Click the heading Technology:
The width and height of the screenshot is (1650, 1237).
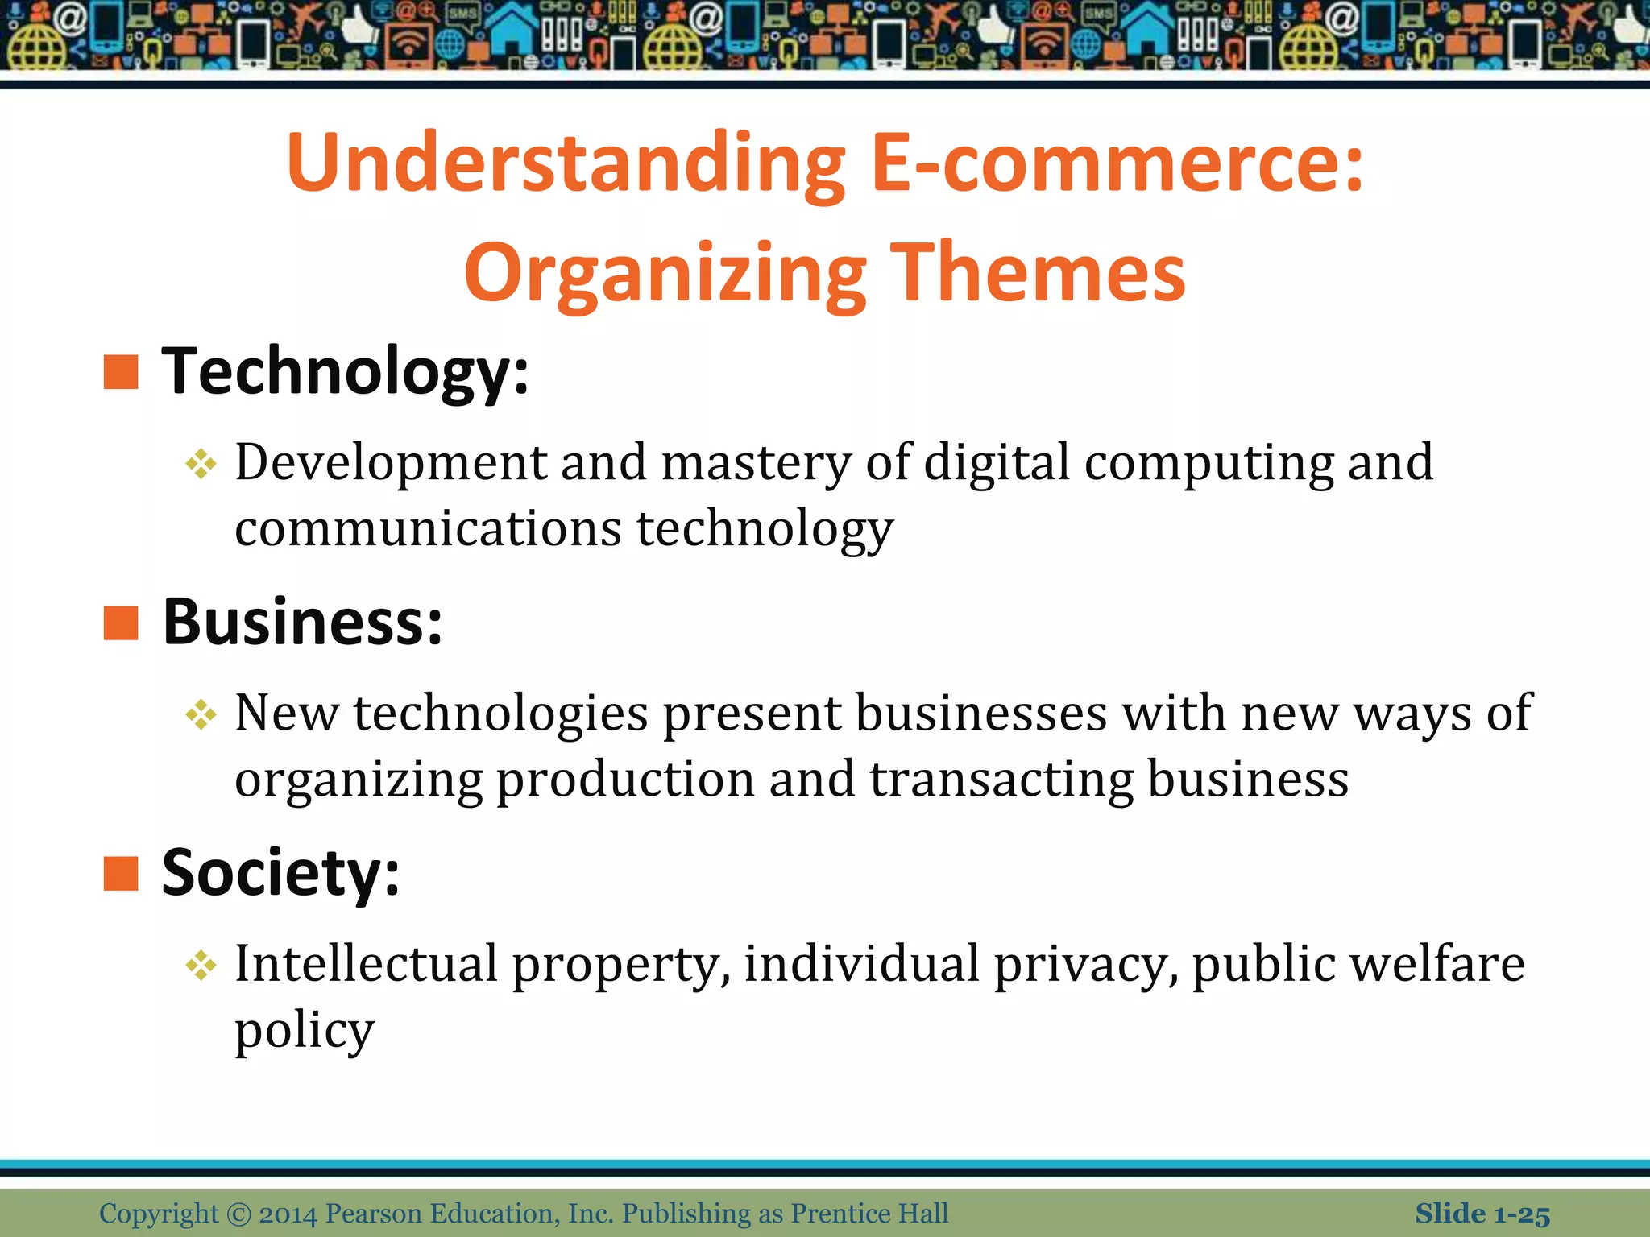[x=346, y=372]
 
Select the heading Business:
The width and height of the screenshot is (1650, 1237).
[x=303, y=623]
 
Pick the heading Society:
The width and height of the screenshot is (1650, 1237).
[x=280, y=873]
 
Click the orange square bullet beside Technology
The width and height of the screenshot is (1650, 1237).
[x=122, y=372]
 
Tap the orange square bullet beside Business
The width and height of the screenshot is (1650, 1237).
[x=122, y=623]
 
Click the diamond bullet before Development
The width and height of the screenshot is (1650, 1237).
[x=201, y=465]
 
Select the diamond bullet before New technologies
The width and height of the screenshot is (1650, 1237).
[x=201, y=714]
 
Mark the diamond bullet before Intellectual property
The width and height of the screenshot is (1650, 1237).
[x=201, y=966]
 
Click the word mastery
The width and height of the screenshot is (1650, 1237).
[x=756, y=464]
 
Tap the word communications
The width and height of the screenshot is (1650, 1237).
[x=428, y=529]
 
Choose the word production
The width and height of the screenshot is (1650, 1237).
[x=625, y=780]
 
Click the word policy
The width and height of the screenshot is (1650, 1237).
[x=305, y=1031]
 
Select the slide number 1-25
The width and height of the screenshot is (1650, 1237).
[x=1521, y=1214]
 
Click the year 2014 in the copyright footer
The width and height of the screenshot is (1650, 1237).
[x=288, y=1214]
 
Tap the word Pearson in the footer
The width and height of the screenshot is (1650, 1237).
[x=374, y=1214]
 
